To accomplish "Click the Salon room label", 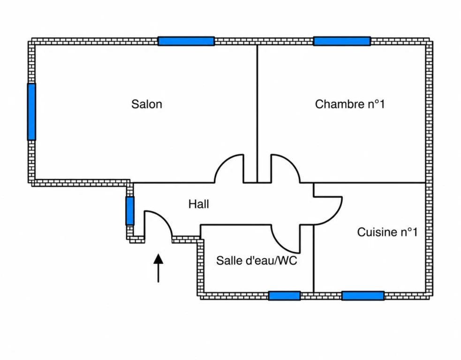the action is (x=146, y=105).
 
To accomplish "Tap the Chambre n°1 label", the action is (x=350, y=105).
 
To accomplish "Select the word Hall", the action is (x=199, y=204).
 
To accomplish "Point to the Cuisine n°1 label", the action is (x=387, y=232).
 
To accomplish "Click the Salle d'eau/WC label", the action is (x=257, y=260).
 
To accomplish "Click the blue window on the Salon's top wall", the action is (x=186, y=41).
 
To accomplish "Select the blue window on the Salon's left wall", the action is (x=31, y=112).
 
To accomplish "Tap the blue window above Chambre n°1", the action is (x=342, y=41).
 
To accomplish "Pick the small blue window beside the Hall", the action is (x=130, y=211).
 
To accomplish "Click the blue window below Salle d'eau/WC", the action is (x=284, y=296).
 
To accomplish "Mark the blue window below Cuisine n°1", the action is (x=363, y=296).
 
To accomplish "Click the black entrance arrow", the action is (x=159, y=268).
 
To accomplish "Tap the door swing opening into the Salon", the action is (x=223, y=163).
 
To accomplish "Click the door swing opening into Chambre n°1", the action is (x=292, y=163).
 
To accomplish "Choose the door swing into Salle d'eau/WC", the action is (x=280, y=245).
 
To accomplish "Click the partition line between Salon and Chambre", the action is (x=257, y=114).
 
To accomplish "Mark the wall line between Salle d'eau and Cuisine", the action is (x=314, y=259).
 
